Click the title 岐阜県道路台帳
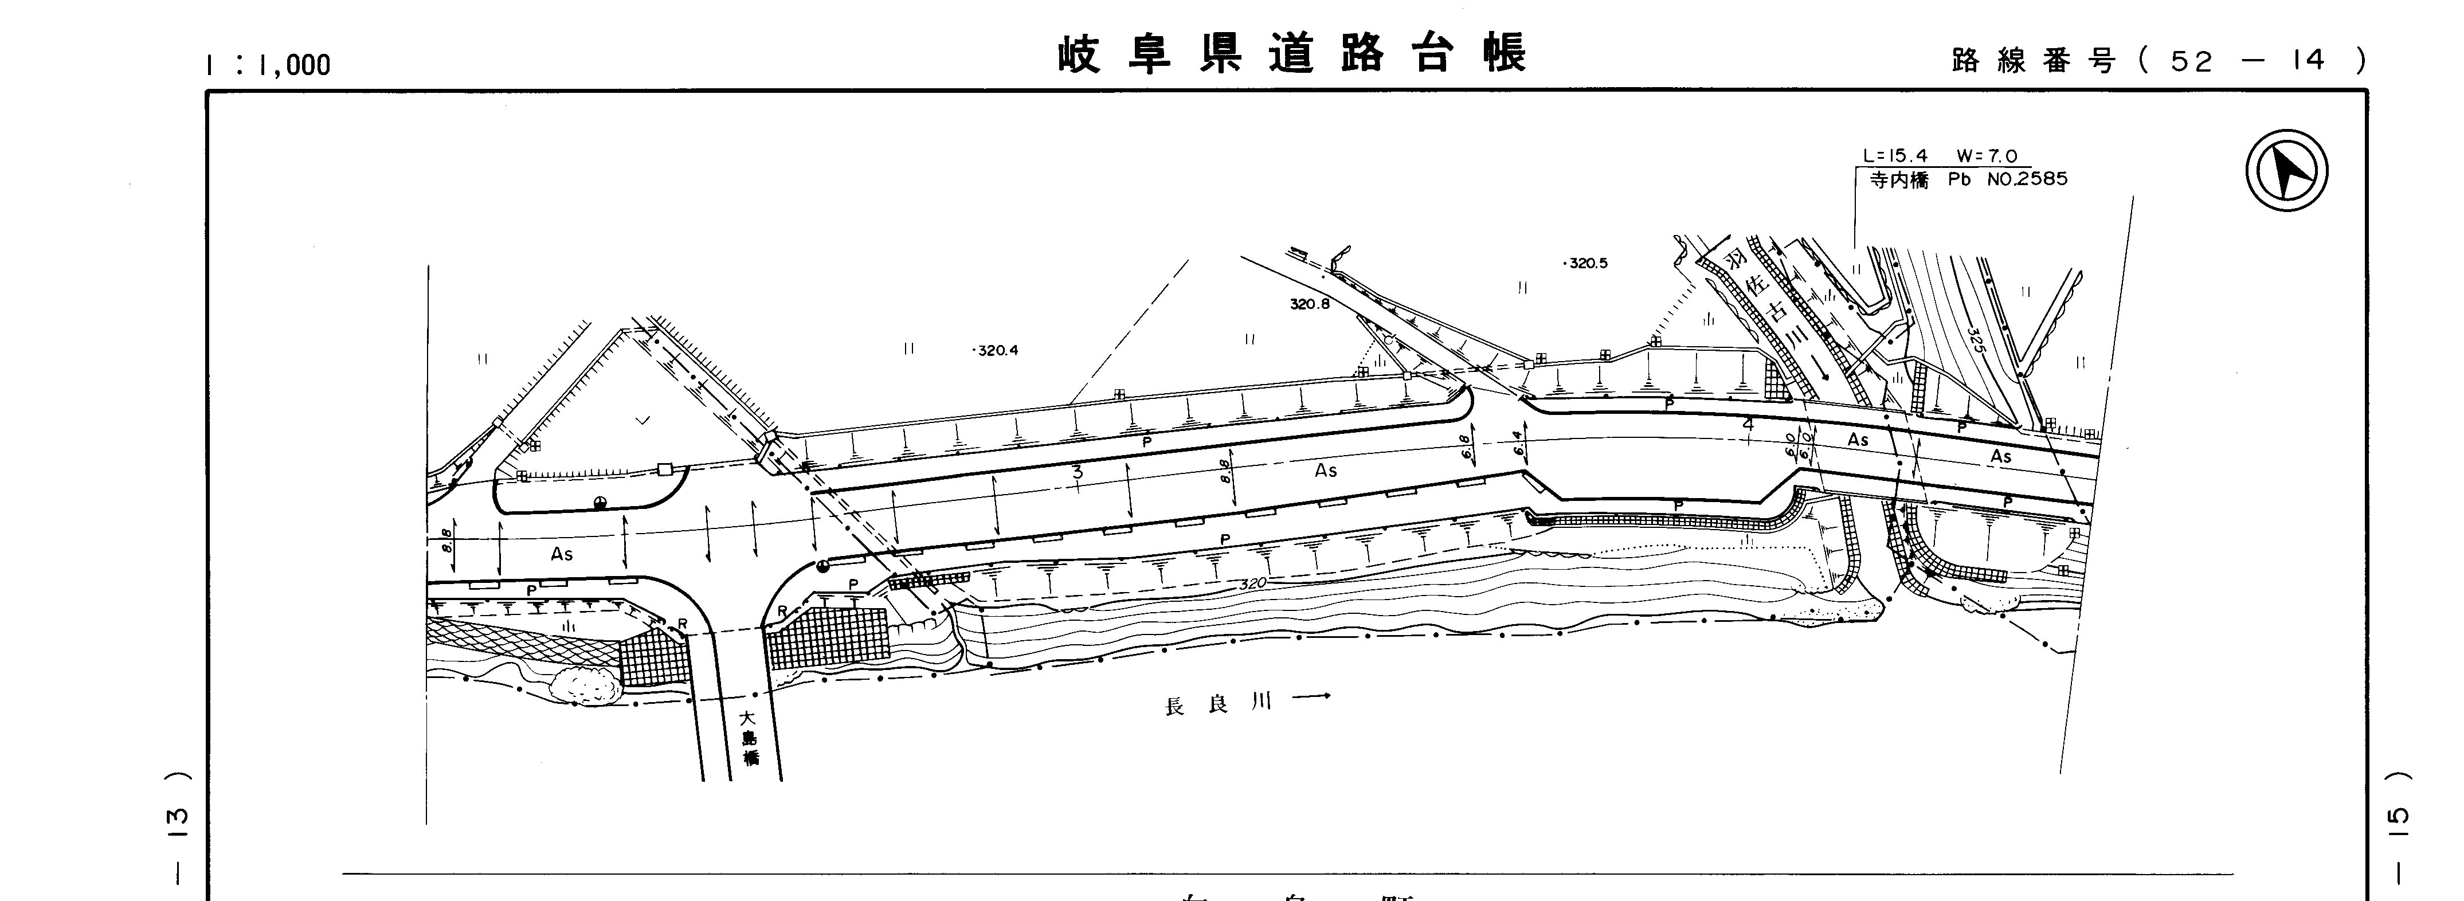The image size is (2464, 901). [x=1291, y=54]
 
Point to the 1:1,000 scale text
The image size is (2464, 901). [x=268, y=65]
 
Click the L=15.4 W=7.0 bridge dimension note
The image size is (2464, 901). [x=1940, y=156]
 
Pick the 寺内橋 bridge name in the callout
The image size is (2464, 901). [x=1899, y=180]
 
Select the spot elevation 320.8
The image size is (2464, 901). [x=1310, y=304]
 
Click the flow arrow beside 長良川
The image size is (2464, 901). [x=1310, y=698]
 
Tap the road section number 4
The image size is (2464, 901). [x=1749, y=423]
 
